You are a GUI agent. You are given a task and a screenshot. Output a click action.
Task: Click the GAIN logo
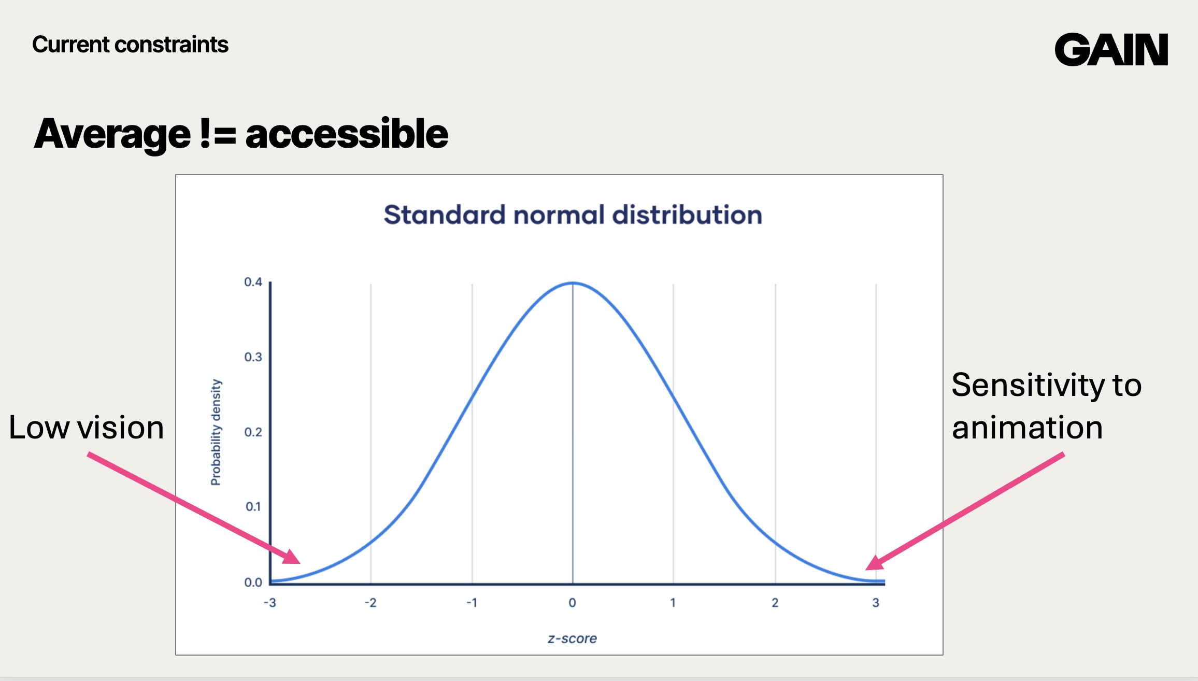coord(1111,50)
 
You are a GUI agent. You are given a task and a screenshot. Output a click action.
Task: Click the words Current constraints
coord(130,45)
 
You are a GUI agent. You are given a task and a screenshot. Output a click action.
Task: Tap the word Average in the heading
coord(112,134)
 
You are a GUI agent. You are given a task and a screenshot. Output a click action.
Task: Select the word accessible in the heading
coord(346,134)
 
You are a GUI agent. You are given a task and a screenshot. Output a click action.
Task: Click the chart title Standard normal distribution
coord(573,215)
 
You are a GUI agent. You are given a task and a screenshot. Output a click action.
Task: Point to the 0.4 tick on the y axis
coord(253,282)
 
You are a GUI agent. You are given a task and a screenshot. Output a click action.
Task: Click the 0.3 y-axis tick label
coord(253,357)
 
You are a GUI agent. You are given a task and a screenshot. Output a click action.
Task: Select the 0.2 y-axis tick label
coord(253,432)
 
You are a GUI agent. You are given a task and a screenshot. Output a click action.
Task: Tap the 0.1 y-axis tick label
coord(253,507)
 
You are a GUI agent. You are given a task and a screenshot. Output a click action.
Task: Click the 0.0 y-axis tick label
coord(253,583)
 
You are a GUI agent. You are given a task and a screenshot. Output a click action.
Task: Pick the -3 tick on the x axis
coord(269,603)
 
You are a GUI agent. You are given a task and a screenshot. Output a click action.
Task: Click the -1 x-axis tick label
coord(472,603)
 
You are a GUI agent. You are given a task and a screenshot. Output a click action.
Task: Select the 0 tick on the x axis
coord(572,603)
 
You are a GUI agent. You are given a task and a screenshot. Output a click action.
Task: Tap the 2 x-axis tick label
coord(775,603)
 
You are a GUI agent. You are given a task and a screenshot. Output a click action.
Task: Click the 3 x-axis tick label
coord(876,603)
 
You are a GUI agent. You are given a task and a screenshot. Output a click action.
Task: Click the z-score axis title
coord(572,639)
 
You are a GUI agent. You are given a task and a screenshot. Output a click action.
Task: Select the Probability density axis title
coord(216,432)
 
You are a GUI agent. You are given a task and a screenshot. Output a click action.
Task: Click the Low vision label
coord(86,428)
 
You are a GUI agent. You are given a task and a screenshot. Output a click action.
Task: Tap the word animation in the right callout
coord(1027,428)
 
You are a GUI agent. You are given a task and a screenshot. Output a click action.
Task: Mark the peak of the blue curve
coord(573,283)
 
